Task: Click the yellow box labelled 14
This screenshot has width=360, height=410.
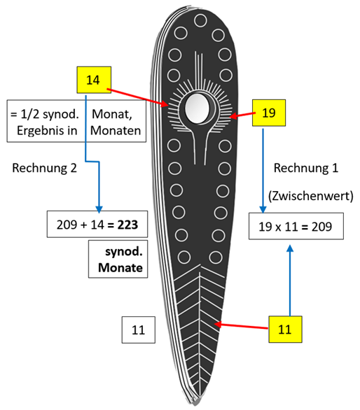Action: (94, 80)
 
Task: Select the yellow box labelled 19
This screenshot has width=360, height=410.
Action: (269, 113)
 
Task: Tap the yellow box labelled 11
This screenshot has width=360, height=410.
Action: (285, 330)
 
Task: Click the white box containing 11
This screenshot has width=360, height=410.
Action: (138, 330)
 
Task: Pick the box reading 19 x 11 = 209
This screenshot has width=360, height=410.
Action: (296, 226)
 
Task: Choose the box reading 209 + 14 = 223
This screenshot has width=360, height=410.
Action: (97, 224)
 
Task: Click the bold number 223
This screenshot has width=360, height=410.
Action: (127, 225)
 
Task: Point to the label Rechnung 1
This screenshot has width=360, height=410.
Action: (306, 168)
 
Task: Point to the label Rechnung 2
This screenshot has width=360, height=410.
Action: (45, 168)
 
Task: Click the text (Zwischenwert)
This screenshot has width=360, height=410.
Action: (311, 196)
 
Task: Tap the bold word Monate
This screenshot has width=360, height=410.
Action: (120, 267)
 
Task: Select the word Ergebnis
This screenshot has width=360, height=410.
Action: (47, 130)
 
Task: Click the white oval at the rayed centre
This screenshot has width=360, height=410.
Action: (197, 108)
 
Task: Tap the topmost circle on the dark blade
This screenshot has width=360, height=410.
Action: (200, 21)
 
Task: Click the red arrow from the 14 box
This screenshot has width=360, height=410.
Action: (137, 98)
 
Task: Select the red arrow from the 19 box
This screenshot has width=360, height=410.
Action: (242, 115)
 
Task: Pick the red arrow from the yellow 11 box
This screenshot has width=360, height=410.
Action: (241, 326)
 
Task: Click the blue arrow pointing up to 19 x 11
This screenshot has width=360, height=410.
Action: (290, 280)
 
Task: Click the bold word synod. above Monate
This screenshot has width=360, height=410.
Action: (124, 252)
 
